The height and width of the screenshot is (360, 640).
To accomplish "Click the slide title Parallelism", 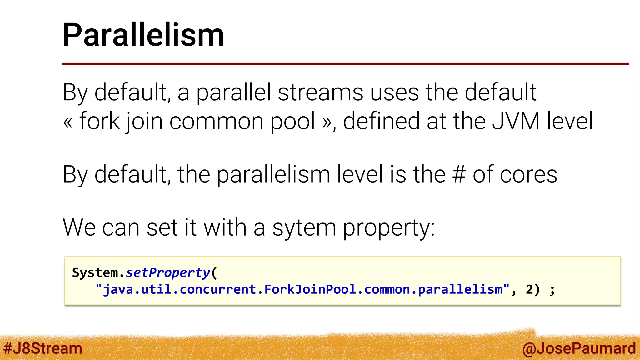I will click(x=143, y=35).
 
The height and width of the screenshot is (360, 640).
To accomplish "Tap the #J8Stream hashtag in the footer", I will click(x=42, y=348).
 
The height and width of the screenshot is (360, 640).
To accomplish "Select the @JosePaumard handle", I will click(x=579, y=348).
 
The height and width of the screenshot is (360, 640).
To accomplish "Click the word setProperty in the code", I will click(x=168, y=273).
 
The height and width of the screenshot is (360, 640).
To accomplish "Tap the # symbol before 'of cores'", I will click(x=459, y=174).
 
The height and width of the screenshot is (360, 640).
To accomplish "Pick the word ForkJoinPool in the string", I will click(x=310, y=289).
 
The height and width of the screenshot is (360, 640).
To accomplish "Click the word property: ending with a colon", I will click(x=389, y=228).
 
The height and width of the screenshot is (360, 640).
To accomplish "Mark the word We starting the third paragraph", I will click(x=79, y=227).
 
